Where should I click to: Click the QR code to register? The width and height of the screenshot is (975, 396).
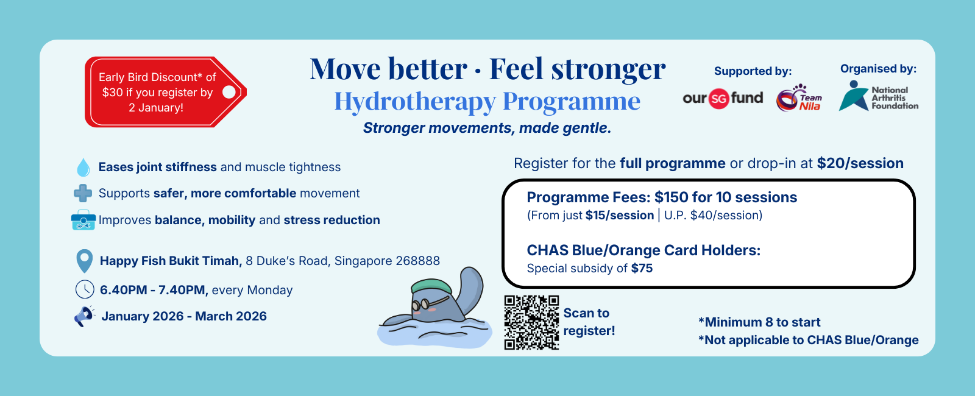tap(531, 322)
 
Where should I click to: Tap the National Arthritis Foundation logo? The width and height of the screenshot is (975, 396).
tap(878, 96)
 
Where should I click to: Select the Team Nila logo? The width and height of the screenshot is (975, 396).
tap(799, 98)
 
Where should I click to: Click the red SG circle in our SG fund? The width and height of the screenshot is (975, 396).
tap(718, 99)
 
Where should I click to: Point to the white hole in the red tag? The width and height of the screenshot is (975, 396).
tap(229, 92)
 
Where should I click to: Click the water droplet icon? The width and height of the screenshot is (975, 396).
tap(83, 168)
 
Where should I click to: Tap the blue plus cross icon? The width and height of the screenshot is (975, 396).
tap(83, 193)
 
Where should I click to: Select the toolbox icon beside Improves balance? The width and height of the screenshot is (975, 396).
tap(83, 220)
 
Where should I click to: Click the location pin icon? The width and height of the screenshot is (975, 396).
tap(85, 261)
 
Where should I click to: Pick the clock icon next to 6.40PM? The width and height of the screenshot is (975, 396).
tap(85, 289)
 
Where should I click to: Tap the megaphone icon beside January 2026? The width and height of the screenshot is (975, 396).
tap(84, 316)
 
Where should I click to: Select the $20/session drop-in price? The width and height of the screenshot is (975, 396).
tap(860, 163)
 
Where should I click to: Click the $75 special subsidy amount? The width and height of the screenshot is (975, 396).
tap(642, 268)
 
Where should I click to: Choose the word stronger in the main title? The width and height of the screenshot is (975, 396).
tap(608, 69)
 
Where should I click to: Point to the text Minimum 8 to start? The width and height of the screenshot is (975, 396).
tap(759, 322)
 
